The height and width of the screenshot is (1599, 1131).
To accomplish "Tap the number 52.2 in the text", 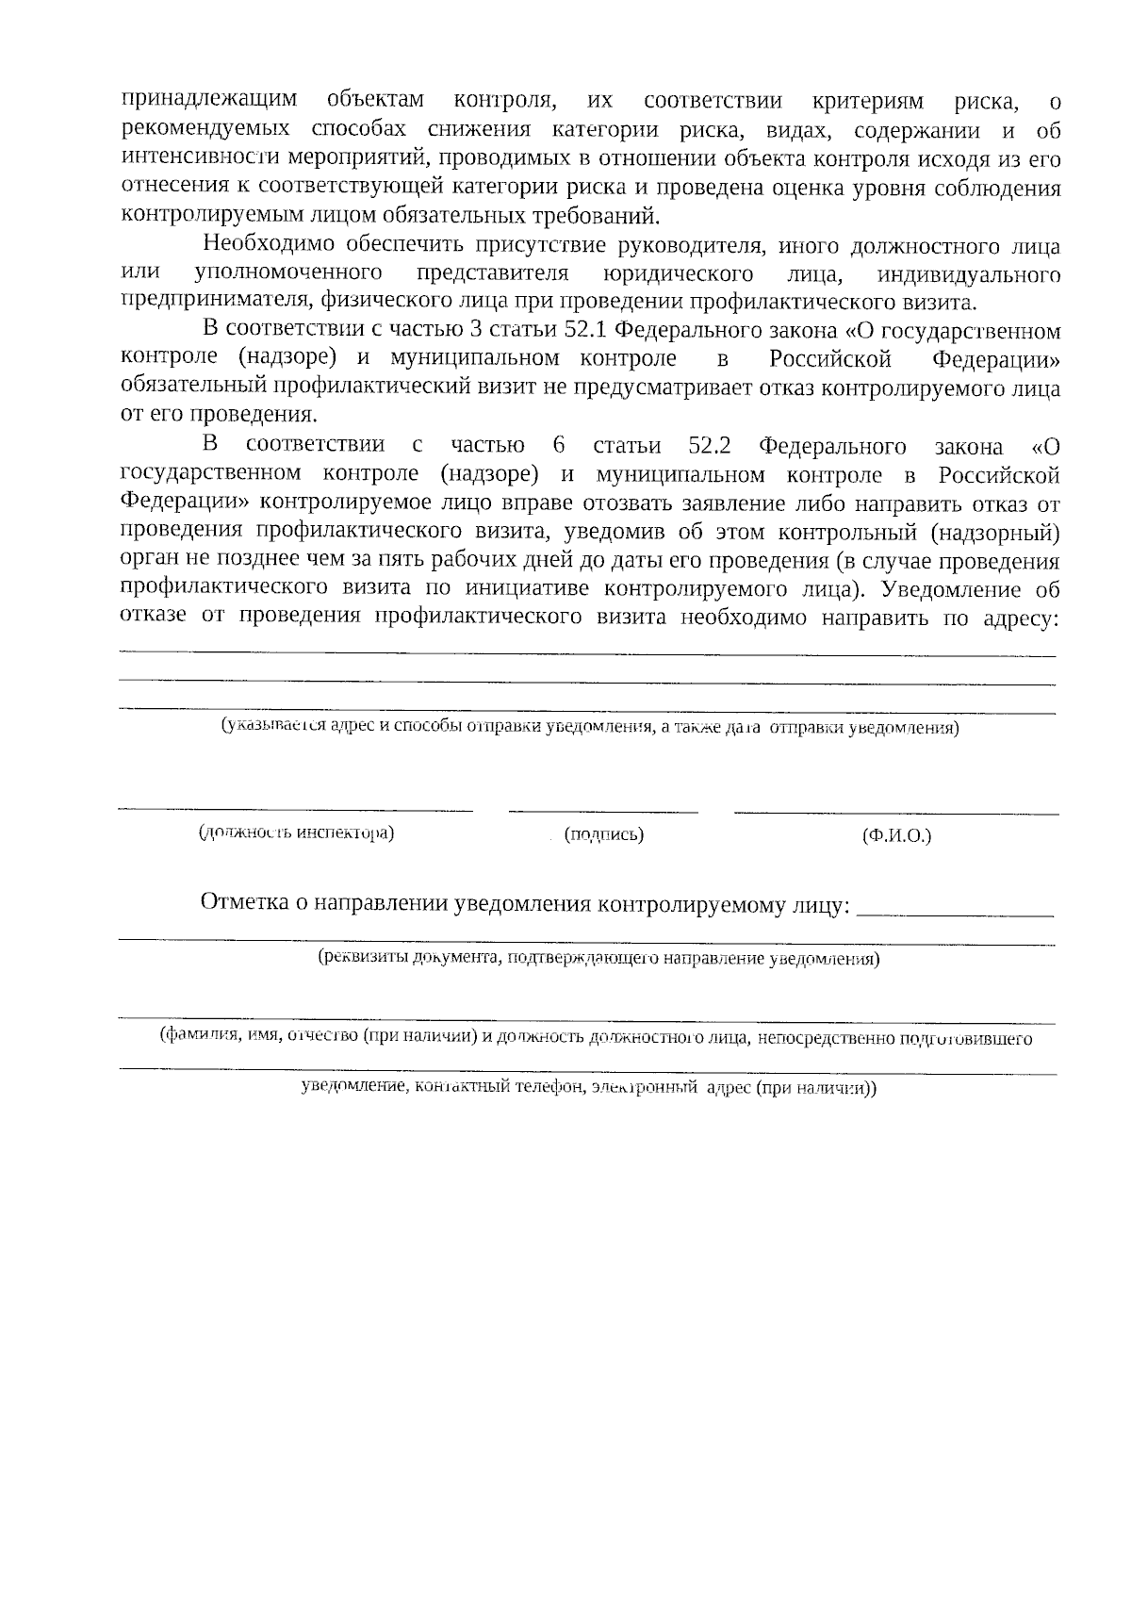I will pos(712,446).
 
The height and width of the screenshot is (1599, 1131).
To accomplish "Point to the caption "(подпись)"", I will pos(603,834).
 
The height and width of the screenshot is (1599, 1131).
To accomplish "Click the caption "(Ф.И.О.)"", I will pos(896,836).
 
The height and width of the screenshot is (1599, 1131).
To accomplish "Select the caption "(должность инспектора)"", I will pos(296,833).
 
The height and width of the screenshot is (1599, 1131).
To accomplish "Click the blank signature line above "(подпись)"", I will pos(603,810).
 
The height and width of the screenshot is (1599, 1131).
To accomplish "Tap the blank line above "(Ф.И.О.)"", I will pos(896,813).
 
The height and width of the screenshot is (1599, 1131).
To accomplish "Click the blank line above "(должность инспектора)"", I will pos(296,809).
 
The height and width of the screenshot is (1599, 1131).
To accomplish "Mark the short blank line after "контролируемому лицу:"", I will pos(958,915).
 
